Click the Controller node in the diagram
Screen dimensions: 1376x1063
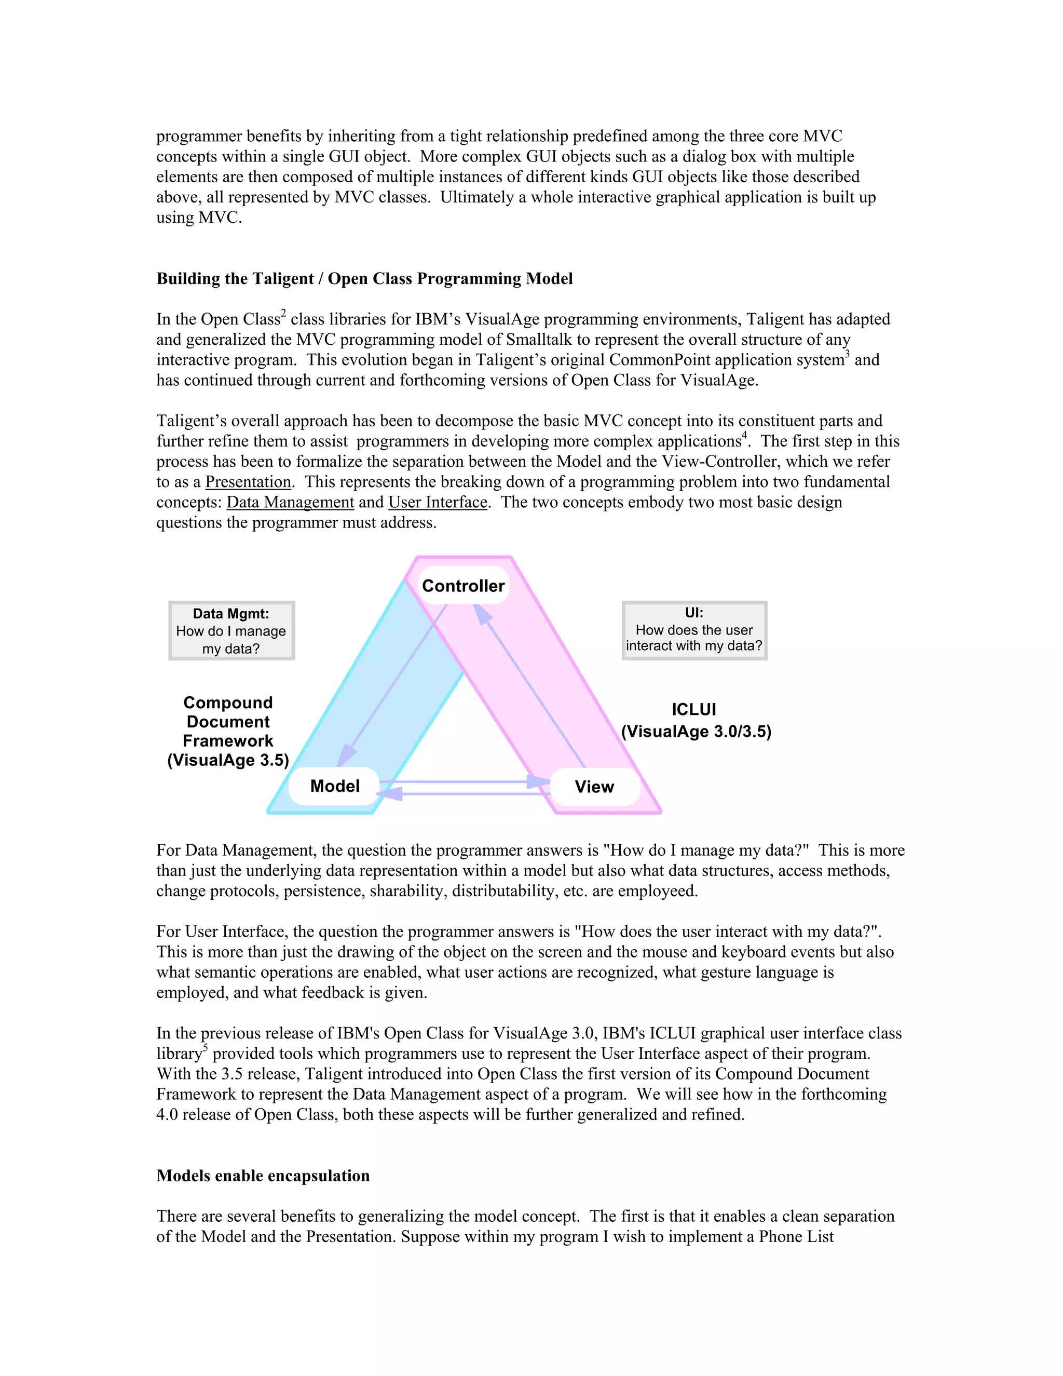pos(464,586)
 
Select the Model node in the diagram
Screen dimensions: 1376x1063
pos(334,786)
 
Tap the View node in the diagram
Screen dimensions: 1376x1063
pos(594,786)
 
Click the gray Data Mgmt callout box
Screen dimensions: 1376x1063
pos(231,631)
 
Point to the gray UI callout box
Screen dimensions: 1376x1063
pos(694,630)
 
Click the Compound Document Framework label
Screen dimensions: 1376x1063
pos(228,731)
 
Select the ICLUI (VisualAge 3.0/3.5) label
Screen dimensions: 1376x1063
pos(695,720)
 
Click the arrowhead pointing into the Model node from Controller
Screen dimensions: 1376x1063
pos(345,756)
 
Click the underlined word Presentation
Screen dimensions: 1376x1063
pos(248,482)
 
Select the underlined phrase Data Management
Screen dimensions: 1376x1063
pos(290,502)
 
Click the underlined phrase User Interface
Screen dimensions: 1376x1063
pos(438,502)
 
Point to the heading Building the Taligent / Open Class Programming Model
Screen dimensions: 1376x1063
pos(364,278)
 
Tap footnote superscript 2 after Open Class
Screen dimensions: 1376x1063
pos(283,313)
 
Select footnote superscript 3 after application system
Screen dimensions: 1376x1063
pos(847,354)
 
